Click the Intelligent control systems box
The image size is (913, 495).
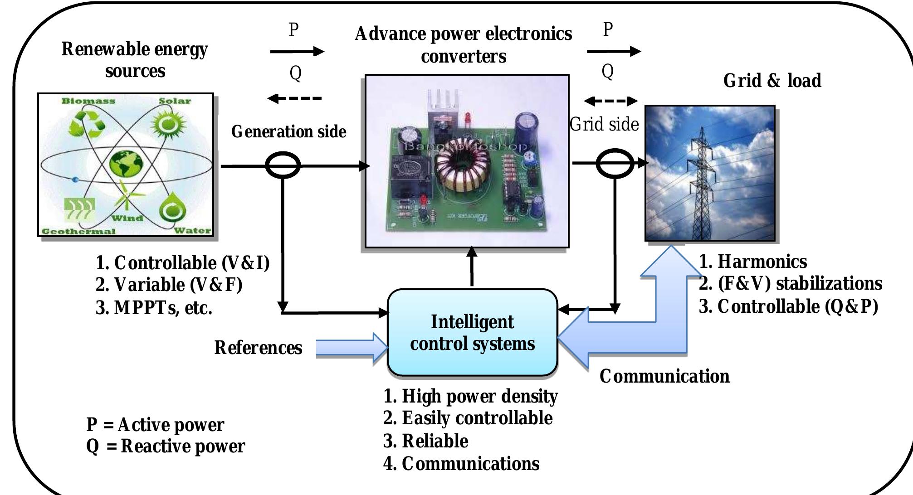click(472, 332)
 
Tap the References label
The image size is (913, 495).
click(258, 348)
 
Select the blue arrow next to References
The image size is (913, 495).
click(352, 348)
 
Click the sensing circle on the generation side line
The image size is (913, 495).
click(283, 165)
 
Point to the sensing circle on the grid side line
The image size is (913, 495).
click(615, 164)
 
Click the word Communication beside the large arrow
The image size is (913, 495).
click(664, 376)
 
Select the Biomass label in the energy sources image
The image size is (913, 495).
click(88, 101)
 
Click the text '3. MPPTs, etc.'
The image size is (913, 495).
click(154, 308)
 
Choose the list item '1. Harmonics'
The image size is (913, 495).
click(753, 262)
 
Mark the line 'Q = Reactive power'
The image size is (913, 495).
click(166, 446)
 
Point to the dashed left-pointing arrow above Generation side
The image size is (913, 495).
click(295, 98)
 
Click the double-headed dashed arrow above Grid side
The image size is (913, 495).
click(610, 101)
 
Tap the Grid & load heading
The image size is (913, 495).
click(772, 81)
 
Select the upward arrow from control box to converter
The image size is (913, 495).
click(472, 267)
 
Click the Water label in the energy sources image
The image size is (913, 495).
click(192, 230)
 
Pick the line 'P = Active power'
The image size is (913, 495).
click(155, 425)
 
